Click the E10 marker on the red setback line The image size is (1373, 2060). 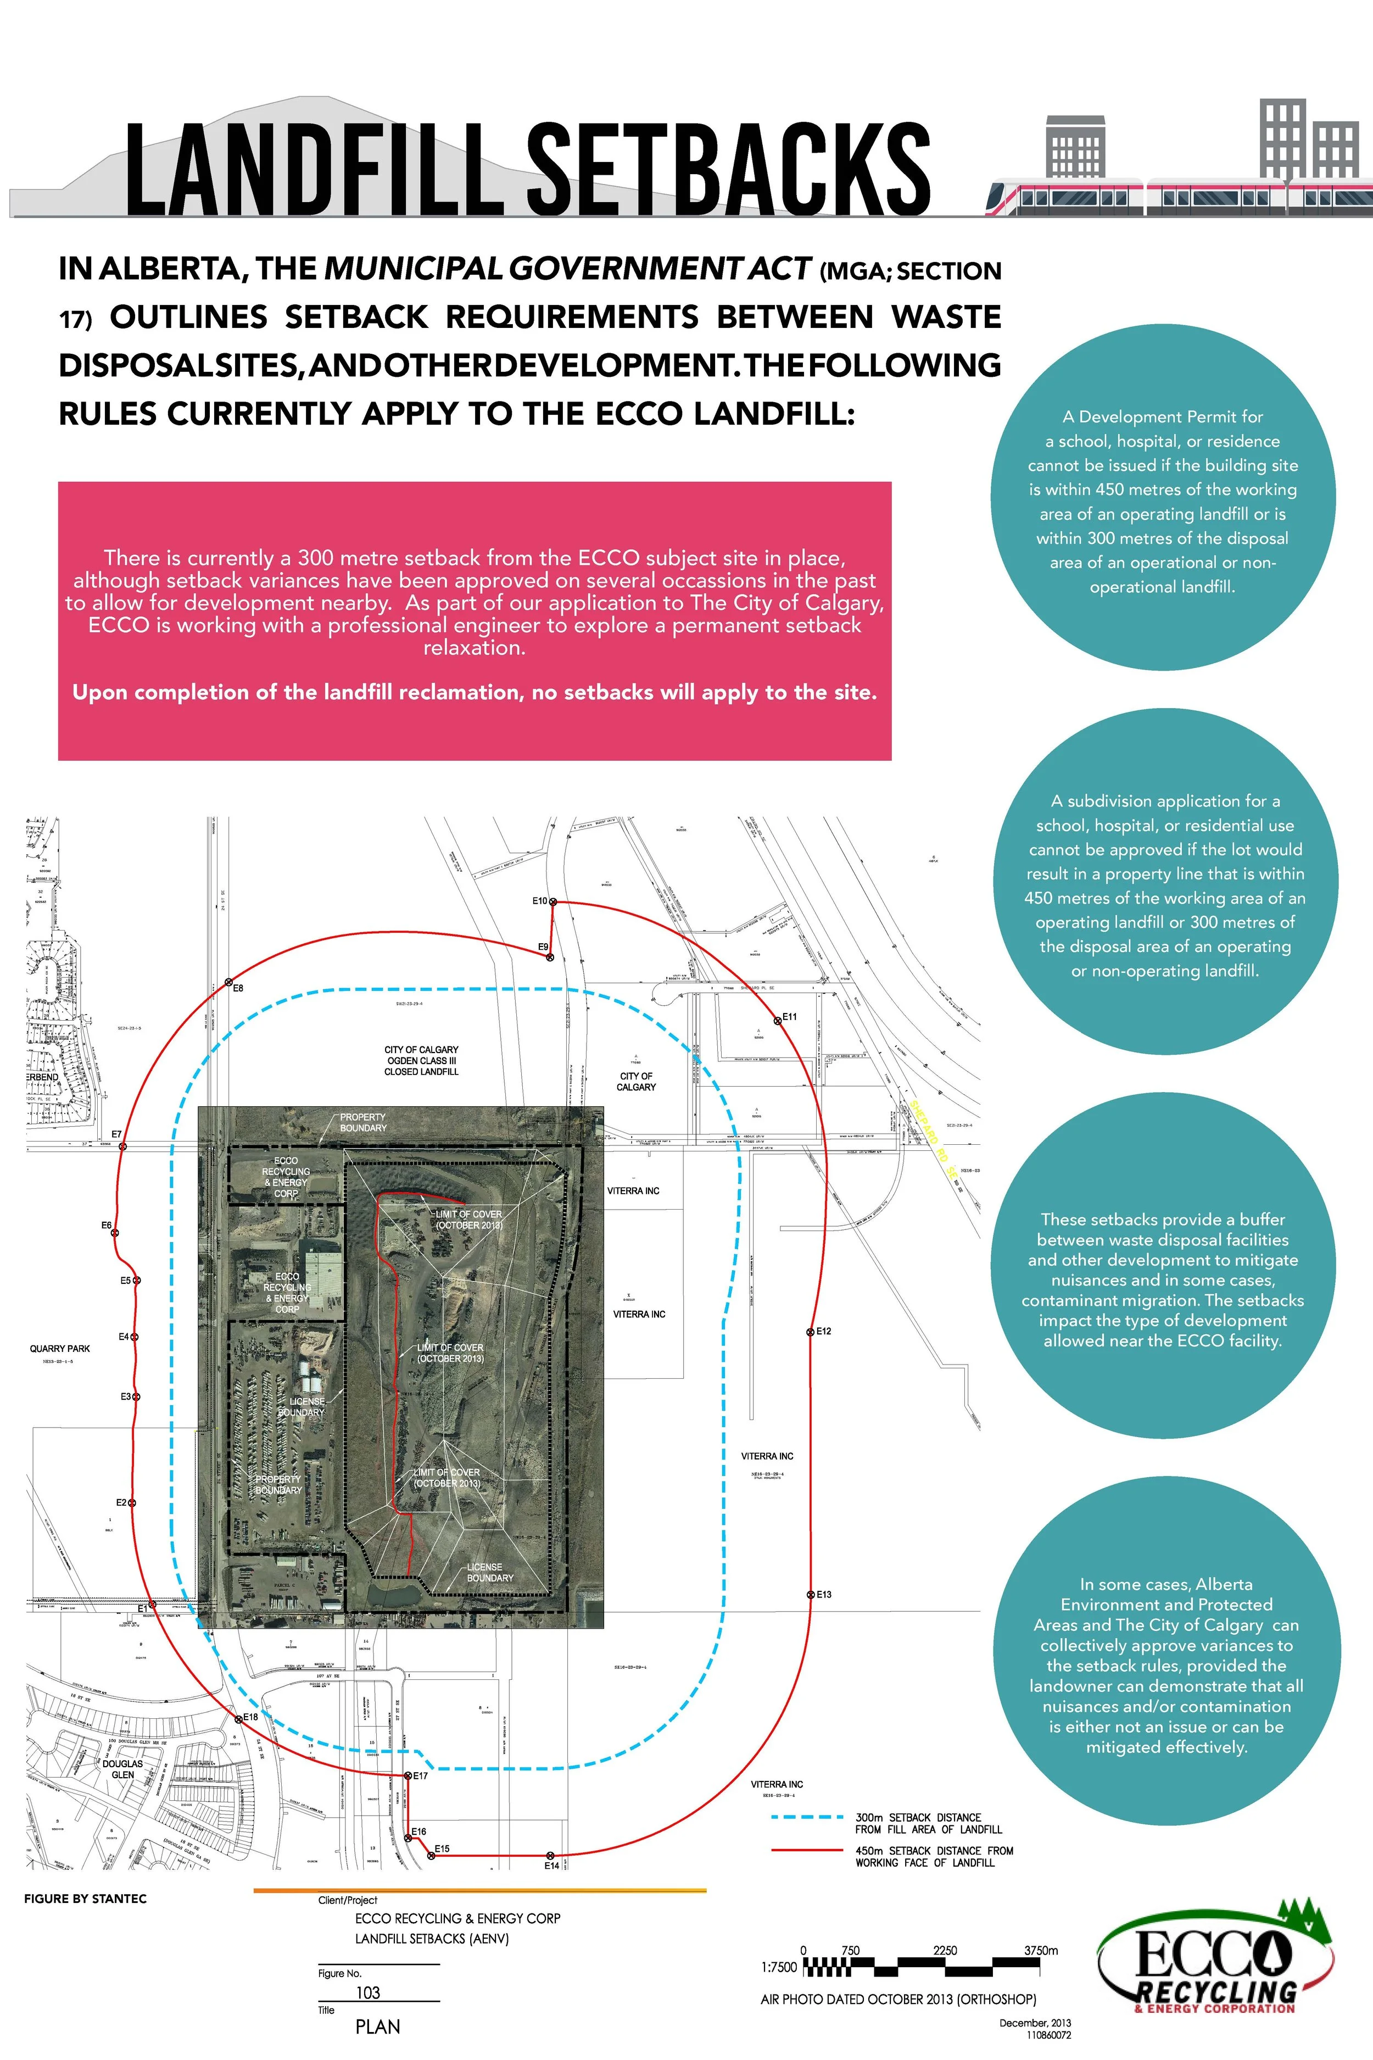pyautogui.click(x=552, y=901)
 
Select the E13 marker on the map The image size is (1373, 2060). pyautogui.click(x=810, y=1595)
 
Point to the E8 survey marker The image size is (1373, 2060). pyautogui.click(x=228, y=983)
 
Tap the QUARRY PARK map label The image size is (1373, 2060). pyautogui.click(x=59, y=1349)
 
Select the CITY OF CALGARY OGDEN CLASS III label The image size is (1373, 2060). pyautogui.click(x=421, y=1060)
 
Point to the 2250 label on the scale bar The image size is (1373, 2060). pyautogui.click(x=945, y=1951)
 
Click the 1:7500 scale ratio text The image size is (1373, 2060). pyautogui.click(x=779, y=1967)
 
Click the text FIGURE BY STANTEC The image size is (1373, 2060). pyautogui.click(x=85, y=1899)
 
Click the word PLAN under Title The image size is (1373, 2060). pyautogui.click(x=377, y=2026)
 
